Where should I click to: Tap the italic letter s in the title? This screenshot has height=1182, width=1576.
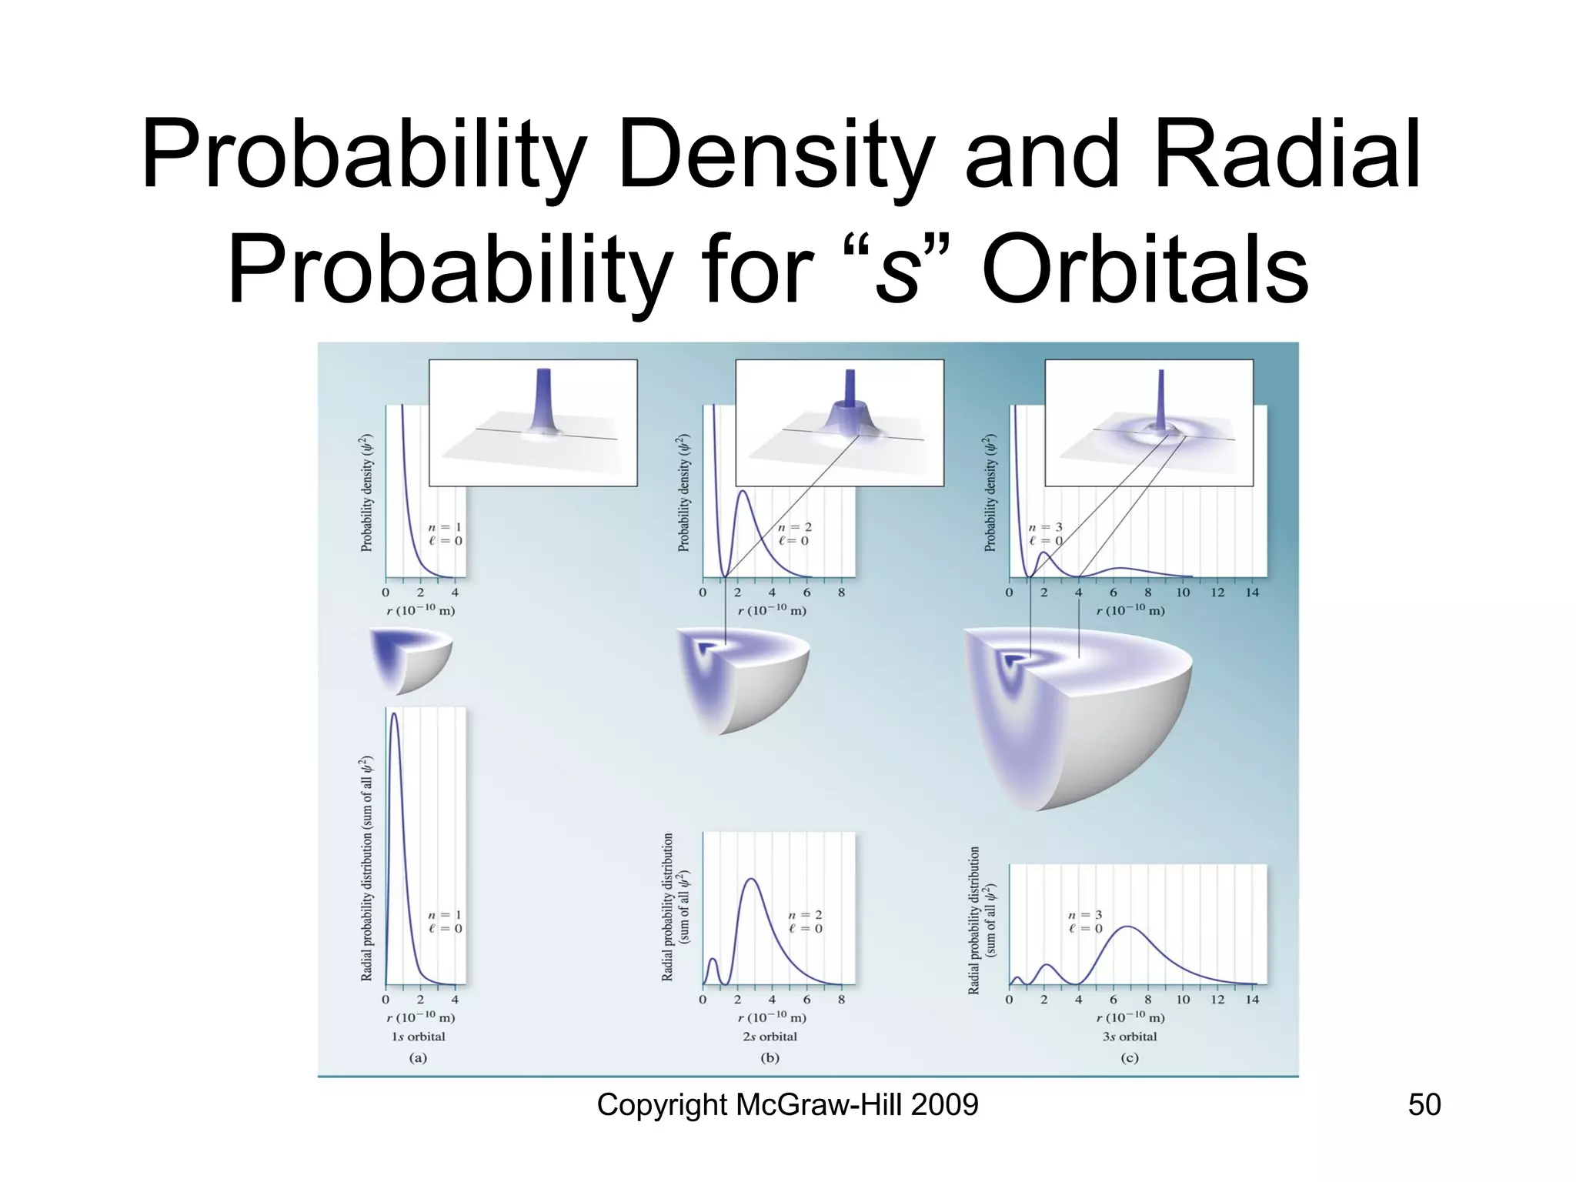pos(897,273)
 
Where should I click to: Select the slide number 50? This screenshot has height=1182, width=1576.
pos(1424,1105)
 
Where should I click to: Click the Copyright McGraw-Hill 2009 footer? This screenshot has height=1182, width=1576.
pos(787,1105)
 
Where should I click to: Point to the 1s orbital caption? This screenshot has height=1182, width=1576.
pos(418,1037)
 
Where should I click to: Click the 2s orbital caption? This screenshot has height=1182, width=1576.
pos(770,1037)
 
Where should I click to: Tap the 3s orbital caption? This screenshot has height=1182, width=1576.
pos(1129,1037)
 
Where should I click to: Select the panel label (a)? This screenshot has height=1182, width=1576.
pos(418,1058)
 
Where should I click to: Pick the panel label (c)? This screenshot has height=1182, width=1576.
pos(1129,1058)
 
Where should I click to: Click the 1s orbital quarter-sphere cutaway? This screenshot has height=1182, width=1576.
pos(408,658)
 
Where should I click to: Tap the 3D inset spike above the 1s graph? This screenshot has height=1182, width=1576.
pos(543,408)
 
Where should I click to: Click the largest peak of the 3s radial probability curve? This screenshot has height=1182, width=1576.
pos(1127,928)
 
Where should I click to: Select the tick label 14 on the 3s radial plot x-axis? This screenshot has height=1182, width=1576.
pos(1252,1000)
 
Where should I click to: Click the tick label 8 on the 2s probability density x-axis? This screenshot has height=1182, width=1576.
pos(841,593)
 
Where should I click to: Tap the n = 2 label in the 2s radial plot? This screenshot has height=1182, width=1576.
pos(805,915)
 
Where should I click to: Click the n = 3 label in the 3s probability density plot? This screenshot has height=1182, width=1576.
pos(1045,528)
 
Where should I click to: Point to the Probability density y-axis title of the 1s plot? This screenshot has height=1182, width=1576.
pos(366,492)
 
